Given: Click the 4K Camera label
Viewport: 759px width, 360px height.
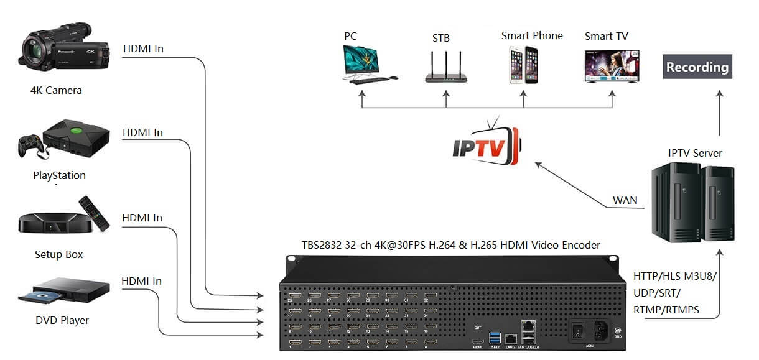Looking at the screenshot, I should coord(56,90).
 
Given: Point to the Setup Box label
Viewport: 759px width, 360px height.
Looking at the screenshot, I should coord(58,254).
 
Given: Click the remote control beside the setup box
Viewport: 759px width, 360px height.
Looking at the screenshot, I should coord(94,213).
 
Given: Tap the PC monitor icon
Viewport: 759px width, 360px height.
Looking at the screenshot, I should coord(361,61).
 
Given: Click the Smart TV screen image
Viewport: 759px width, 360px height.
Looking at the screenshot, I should coord(611,65).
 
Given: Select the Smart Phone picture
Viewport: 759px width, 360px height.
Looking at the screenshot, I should coord(523,65).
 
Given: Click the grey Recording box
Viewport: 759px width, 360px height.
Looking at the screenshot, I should coord(697,67).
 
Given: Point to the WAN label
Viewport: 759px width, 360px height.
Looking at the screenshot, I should coord(625,201).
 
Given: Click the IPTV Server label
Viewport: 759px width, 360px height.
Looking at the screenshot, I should coord(695,153).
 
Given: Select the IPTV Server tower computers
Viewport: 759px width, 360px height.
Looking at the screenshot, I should coord(692,202).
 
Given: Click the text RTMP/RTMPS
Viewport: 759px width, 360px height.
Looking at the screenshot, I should coord(666,309).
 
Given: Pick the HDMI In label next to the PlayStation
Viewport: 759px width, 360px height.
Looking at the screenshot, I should coord(142,132).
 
